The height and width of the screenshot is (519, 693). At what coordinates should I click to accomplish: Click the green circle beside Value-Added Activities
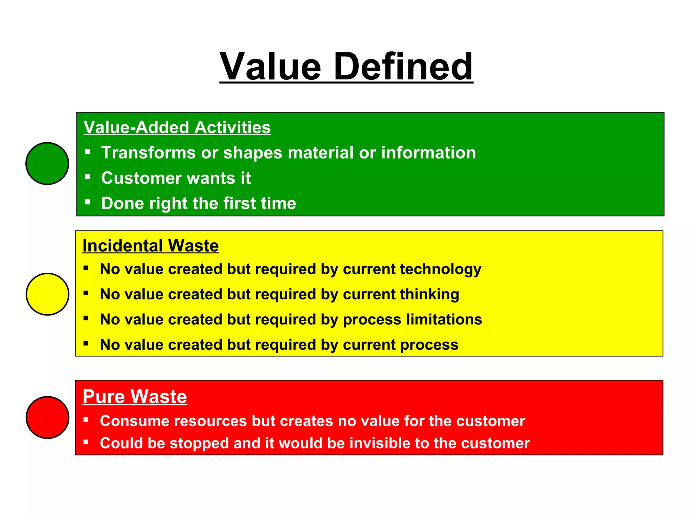(47, 164)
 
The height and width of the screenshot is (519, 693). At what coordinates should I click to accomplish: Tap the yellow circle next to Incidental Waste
(47, 294)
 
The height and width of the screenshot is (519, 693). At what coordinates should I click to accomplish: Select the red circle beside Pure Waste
(47, 417)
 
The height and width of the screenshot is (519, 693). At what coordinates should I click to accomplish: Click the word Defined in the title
(403, 67)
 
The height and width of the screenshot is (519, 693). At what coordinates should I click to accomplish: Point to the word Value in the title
(270, 67)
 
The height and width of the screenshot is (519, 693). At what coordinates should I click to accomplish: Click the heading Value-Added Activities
(177, 127)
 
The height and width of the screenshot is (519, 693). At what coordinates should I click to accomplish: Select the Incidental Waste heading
(151, 246)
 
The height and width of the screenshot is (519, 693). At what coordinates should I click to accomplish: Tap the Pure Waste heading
(135, 396)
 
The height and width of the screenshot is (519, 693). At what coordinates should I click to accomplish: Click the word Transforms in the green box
(148, 153)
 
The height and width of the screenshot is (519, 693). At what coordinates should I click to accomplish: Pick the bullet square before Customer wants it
(88, 177)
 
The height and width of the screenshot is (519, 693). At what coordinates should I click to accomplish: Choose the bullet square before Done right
(88, 202)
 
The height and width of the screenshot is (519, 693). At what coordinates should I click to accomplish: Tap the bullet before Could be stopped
(86, 442)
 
